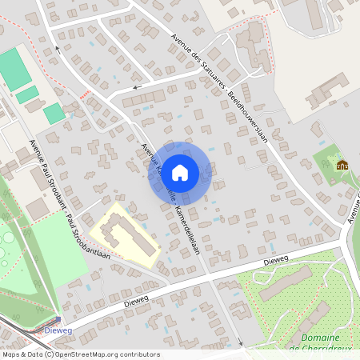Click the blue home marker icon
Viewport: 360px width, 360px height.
coord(180,172)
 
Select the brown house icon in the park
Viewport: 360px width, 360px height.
coord(342,165)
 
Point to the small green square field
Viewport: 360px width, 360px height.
coord(54,113)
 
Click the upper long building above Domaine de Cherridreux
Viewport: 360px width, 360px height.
coord(286,282)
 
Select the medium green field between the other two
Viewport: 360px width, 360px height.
coord(26,94)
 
